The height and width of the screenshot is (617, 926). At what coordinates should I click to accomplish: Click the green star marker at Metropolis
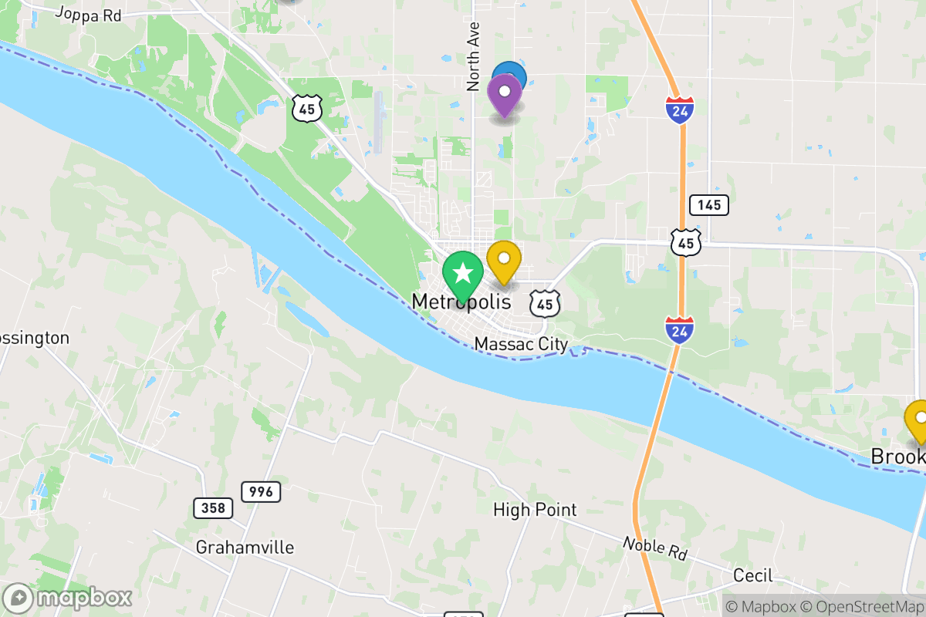pos(462,274)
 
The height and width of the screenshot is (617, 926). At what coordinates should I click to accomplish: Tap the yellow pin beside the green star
pos(504,260)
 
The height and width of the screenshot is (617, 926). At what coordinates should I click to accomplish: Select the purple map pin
pos(505,93)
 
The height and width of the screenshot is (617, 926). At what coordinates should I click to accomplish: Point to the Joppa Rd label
pos(89,15)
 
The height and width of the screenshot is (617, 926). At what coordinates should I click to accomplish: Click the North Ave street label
pos(474,56)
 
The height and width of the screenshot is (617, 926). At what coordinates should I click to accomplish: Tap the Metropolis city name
pos(461,302)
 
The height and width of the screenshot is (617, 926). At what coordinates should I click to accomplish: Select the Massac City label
pos(521,344)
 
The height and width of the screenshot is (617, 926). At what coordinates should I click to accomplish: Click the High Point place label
pos(535,510)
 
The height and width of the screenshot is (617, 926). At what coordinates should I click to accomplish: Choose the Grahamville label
pos(245,548)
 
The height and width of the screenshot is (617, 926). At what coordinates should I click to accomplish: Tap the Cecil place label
pos(752,576)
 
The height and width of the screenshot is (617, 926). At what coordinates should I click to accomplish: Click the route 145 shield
pos(709,204)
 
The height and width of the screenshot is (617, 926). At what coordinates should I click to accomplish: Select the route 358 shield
pos(212,507)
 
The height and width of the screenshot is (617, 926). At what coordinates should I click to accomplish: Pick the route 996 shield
pos(261,491)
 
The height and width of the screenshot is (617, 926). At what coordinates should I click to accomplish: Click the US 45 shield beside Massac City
pos(546,303)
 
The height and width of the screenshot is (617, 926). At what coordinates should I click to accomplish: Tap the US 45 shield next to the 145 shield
pos(685,242)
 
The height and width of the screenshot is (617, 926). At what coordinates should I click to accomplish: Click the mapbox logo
pos(68,598)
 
